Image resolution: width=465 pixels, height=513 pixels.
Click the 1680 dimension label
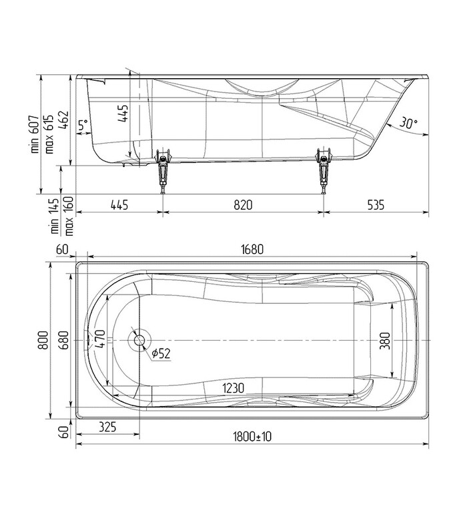coord(253,250)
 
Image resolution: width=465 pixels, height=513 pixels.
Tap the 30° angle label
coord(408,123)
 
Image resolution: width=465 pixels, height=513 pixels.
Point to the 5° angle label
coord(83,124)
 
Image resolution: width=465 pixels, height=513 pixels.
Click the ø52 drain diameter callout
coord(161,353)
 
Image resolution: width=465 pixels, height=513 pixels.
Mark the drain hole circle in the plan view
coord(139,340)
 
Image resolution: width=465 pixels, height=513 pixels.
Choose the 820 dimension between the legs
coord(243,205)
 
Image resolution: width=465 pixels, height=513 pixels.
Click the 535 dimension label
coord(376,205)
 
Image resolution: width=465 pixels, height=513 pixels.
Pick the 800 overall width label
coord(43,341)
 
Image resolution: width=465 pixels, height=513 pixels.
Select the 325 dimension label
coord(109,426)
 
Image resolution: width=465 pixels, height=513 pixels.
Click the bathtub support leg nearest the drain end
coord(163,170)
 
